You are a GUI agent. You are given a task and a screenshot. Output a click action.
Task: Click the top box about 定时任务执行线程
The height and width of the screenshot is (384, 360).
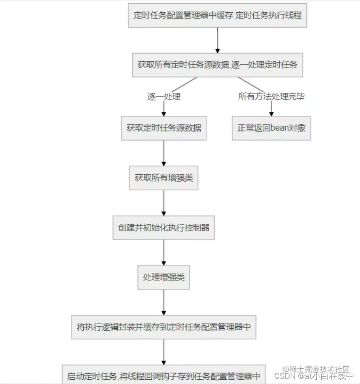coord(218,15)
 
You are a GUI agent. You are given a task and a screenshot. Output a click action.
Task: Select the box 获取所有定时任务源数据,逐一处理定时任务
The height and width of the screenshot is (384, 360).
coord(218,65)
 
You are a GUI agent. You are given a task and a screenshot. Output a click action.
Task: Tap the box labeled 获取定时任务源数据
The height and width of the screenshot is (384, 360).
coord(164,128)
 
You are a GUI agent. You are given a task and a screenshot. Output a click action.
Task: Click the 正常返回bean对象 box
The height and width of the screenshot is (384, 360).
coord(271,128)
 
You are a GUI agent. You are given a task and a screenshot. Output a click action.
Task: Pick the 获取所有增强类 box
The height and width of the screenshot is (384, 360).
coord(164,178)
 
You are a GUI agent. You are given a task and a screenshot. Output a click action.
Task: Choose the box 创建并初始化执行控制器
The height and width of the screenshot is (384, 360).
coord(164,228)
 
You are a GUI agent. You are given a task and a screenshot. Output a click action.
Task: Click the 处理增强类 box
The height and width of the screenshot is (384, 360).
coord(164,277)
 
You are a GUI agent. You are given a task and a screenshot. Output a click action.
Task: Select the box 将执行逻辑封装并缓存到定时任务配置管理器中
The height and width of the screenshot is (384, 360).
coord(164,327)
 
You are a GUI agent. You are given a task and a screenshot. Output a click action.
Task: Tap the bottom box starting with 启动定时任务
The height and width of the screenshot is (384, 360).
coord(164,376)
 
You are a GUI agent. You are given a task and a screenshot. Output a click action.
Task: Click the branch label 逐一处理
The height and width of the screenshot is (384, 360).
coord(164,97)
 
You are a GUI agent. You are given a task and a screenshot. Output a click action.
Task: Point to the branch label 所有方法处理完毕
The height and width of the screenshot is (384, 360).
coord(271,97)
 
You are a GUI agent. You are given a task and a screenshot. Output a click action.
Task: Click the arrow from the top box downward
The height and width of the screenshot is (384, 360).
coord(218,40)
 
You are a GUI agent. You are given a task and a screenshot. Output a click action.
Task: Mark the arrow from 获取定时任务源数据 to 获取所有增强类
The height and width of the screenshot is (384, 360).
coord(164,153)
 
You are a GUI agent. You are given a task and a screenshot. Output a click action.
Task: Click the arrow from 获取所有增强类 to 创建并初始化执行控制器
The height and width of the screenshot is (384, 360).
coord(164,203)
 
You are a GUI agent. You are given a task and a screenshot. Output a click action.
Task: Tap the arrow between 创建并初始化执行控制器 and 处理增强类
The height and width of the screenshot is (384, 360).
coord(164,253)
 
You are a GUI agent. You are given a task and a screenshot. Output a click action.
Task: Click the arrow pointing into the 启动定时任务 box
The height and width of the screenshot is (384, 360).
coord(164,352)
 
